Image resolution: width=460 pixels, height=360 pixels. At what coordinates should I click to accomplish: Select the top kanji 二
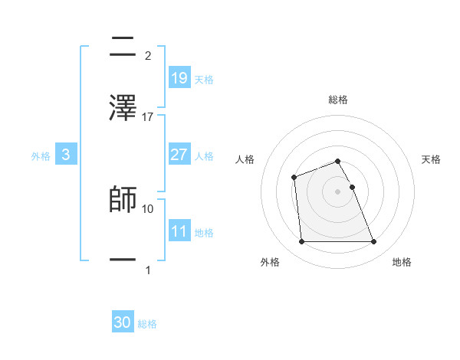pos(123,47)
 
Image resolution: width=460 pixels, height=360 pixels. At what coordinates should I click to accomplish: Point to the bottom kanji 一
pos(123,261)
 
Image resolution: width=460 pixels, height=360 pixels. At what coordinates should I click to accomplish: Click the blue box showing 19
pos(179,78)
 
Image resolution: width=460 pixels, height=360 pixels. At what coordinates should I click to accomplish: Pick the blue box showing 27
pos(179,155)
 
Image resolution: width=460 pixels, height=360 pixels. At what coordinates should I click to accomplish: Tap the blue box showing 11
pos(179,231)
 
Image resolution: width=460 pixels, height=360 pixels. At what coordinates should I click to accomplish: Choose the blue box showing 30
pos(123,323)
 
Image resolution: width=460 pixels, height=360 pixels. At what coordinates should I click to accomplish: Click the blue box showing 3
pos(66,155)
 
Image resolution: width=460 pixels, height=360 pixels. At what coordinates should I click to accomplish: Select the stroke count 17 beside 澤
pos(148,117)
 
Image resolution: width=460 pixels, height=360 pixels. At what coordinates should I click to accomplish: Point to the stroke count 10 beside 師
pos(148,208)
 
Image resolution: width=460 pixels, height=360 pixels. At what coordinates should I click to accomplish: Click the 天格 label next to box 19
pos(204,80)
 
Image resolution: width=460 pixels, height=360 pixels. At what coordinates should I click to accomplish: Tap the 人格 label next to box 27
pos(204,156)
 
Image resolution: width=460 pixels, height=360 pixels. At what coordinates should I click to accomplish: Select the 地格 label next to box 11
pos(204,233)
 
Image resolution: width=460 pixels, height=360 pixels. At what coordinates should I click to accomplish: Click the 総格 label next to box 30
pos(147,325)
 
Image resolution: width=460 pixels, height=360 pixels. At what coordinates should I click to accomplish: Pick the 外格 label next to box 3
pos(41,156)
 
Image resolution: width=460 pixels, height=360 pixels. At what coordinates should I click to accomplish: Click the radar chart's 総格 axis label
pos(338,100)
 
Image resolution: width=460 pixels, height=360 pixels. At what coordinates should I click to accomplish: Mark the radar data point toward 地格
pos(373,242)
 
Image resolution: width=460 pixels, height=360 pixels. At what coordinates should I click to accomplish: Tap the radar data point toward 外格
pos(302,242)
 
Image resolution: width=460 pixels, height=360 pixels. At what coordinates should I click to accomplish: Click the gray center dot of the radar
pos(338,191)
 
